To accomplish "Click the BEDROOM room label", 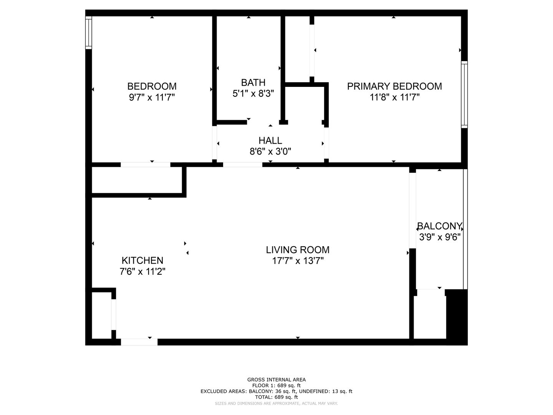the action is tap(152, 86).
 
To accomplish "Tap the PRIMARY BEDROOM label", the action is tap(394, 86).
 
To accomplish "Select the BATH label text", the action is tap(253, 82).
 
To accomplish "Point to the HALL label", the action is tap(270, 140).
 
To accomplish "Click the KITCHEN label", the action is tap(142, 260).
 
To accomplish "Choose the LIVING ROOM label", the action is tap(298, 250).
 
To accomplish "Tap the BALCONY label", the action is tap(440, 226).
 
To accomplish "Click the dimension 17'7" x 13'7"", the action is tap(298, 261).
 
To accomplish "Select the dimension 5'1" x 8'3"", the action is tap(253, 93).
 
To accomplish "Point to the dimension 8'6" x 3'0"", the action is tap(270, 151).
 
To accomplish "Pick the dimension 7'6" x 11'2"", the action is tap(142, 271).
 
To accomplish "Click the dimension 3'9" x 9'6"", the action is tap(440, 237).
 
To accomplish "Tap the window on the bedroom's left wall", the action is tap(88, 33).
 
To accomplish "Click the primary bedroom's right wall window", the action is tap(464, 95).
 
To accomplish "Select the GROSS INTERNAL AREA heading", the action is tap(276, 380).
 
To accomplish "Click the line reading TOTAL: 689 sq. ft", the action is tap(276, 397).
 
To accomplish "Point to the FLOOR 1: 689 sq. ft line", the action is tap(276, 385).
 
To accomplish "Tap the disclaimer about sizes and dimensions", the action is tap(276, 403).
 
